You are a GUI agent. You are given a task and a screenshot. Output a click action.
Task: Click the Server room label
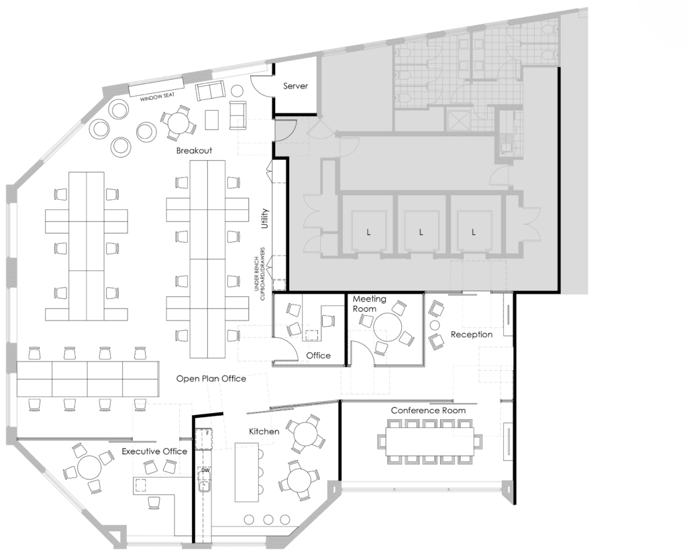tap(295, 86)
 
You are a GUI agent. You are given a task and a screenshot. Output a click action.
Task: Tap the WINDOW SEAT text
tap(157, 97)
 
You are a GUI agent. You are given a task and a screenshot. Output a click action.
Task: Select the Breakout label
tap(194, 150)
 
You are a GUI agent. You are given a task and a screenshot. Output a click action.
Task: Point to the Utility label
tap(264, 218)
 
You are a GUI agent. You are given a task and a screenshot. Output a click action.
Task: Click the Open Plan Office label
tap(211, 379)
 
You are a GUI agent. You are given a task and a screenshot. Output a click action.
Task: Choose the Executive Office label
tap(154, 451)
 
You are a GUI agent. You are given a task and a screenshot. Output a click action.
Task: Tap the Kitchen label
tap(264, 431)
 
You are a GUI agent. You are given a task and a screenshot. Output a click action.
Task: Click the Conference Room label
tap(428, 410)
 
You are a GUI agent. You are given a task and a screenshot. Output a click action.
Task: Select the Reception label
tap(472, 335)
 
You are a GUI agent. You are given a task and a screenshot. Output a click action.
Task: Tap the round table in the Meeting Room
tap(388, 327)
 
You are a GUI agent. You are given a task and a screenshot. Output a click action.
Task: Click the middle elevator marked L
tap(421, 231)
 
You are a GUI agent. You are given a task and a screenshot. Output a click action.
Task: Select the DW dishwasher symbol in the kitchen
tap(205, 471)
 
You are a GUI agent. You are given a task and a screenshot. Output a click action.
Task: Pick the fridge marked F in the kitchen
tap(205, 439)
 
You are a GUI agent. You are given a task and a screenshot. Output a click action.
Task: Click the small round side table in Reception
tap(435, 325)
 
